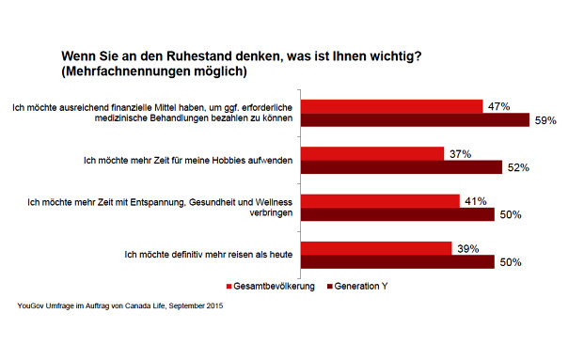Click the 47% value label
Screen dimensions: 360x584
pos(498,106)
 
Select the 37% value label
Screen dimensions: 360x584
pos(459,153)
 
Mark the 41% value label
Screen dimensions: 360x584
pos(475,200)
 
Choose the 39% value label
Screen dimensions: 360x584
pos(467,248)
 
